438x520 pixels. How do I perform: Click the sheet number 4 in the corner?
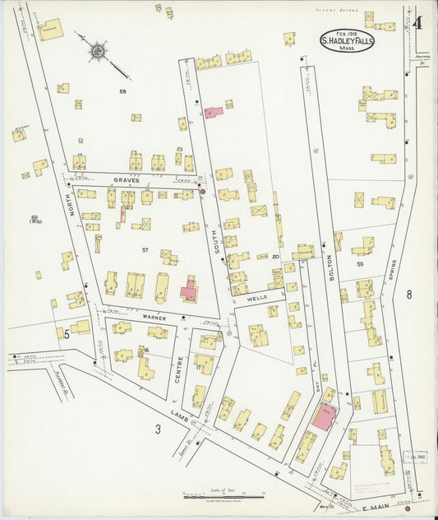[x=417, y=22]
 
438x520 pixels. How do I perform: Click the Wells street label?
[x=256, y=300]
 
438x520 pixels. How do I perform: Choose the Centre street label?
[x=180, y=367]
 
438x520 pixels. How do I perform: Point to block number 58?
[x=122, y=91]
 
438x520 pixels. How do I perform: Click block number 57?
[x=144, y=249]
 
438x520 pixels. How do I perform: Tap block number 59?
[x=360, y=264]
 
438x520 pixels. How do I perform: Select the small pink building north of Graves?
[x=213, y=111]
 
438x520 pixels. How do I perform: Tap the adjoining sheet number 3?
[x=157, y=429]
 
